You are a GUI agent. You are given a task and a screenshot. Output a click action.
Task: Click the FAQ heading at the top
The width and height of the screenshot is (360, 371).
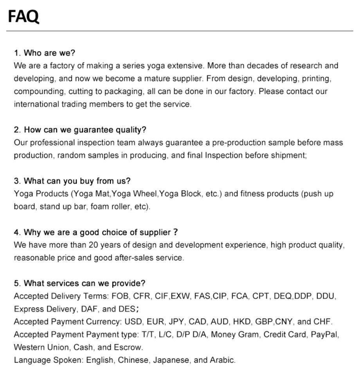pyautogui.click(x=23, y=16)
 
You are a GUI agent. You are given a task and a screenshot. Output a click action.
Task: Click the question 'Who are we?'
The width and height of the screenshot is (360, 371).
pyautogui.click(x=44, y=53)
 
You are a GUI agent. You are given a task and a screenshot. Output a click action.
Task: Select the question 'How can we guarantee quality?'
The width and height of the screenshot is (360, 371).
pyautogui.click(x=80, y=130)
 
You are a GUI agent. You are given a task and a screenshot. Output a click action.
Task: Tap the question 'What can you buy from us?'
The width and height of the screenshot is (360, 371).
pyautogui.click(x=72, y=181)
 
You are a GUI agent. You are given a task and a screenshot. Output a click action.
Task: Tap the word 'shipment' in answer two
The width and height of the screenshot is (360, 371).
pyautogui.click(x=290, y=155)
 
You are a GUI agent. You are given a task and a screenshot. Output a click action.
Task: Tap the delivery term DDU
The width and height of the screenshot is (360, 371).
pyautogui.click(x=326, y=296)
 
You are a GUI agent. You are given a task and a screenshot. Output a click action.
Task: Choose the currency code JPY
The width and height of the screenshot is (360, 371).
pyautogui.click(x=176, y=322)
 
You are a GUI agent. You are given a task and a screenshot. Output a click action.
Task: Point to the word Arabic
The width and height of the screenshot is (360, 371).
pyautogui.click(x=222, y=360)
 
